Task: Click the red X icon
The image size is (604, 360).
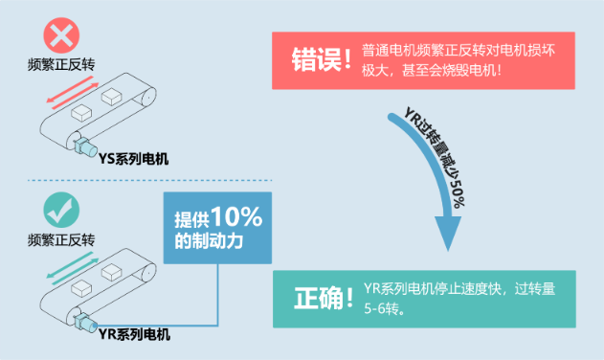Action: point(61,37)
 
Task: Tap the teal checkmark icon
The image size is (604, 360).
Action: point(61,210)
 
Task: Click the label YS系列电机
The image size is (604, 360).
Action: point(132,160)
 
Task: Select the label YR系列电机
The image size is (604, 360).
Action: point(134,333)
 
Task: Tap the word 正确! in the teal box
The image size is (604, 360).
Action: point(318,298)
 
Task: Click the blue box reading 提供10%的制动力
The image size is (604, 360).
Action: point(218,229)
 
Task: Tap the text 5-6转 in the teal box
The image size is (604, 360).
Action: point(386,309)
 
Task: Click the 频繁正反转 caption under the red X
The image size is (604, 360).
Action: point(61,66)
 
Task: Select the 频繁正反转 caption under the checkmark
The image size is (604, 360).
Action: point(61,238)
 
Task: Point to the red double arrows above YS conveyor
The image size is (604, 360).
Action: point(70,93)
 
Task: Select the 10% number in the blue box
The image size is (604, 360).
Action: point(236,217)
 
